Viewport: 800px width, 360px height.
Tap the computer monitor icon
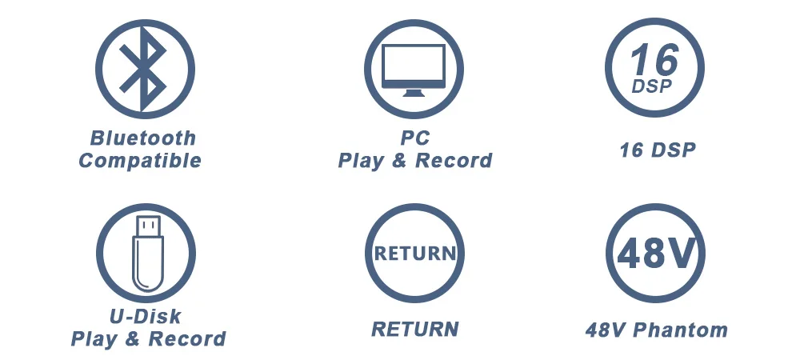pos(414,69)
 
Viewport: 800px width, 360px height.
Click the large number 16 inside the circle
pos(654,59)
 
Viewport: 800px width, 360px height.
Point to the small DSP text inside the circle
pos(652,86)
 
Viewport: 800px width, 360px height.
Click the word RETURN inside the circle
pos(414,254)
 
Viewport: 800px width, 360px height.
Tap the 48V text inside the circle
pos(654,254)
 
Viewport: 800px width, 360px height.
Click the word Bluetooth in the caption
pos(142,138)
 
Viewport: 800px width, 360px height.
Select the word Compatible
pos(140,161)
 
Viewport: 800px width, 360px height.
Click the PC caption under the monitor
pos(414,138)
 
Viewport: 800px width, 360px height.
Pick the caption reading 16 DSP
pos(657,150)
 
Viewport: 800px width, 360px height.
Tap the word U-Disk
pos(145,316)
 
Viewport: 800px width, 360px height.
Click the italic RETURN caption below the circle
pos(414,329)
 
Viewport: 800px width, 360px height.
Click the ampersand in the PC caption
pos(401,161)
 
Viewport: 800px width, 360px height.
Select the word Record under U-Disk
pos(187,339)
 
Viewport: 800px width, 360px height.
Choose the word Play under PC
pos(361,161)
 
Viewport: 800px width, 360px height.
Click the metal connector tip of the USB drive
pos(149,226)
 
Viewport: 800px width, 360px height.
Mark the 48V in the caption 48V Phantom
pos(606,329)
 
